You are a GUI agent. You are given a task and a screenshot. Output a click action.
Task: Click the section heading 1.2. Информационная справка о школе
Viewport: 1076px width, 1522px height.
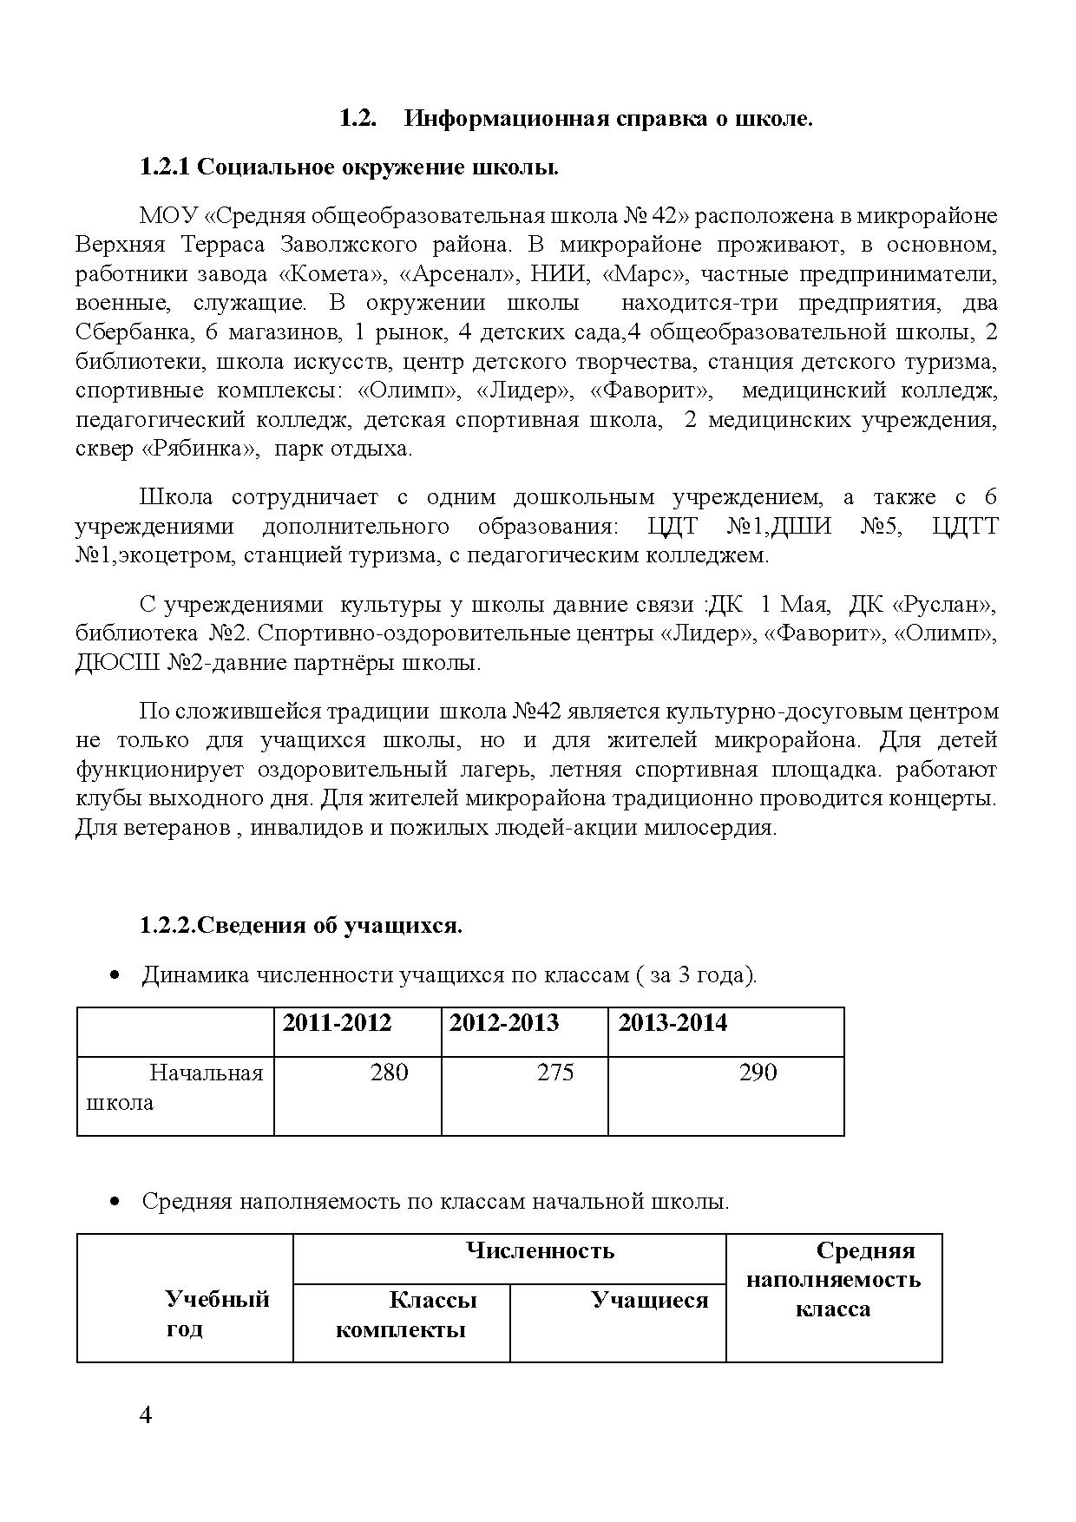[x=575, y=119]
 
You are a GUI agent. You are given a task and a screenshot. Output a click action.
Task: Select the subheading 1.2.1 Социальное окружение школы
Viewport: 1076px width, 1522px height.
[x=349, y=167]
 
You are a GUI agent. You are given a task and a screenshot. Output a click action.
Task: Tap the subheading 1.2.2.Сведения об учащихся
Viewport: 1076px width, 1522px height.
[x=301, y=926]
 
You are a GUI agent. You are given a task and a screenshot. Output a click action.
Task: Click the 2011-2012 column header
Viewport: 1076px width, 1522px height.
[x=337, y=1023]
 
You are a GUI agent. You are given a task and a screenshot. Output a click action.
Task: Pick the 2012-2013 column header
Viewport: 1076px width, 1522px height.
[x=504, y=1023]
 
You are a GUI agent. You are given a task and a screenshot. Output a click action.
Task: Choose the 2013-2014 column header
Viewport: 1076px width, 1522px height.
[x=672, y=1023]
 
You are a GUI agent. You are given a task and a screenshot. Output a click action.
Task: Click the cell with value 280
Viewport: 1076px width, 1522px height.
[x=389, y=1073]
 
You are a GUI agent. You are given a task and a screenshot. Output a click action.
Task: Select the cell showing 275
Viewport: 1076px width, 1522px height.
[x=555, y=1073]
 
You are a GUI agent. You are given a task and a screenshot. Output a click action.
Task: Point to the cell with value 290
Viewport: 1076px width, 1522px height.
[x=758, y=1073]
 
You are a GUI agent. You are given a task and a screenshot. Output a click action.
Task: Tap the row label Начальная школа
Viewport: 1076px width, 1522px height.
[x=175, y=1088]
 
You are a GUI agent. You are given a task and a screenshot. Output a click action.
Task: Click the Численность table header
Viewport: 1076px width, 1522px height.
[x=540, y=1250]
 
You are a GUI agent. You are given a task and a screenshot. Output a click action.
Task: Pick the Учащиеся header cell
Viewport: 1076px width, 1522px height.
[x=649, y=1301]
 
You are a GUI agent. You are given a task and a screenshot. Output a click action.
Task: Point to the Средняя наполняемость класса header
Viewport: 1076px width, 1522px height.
[x=833, y=1280]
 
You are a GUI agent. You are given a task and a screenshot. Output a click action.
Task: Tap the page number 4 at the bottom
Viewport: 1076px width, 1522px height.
[x=146, y=1416]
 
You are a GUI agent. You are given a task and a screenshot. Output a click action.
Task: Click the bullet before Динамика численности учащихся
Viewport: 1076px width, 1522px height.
[x=114, y=976]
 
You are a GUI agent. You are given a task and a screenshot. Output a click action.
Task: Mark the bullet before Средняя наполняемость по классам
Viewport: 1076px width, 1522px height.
[x=114, y=1203]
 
